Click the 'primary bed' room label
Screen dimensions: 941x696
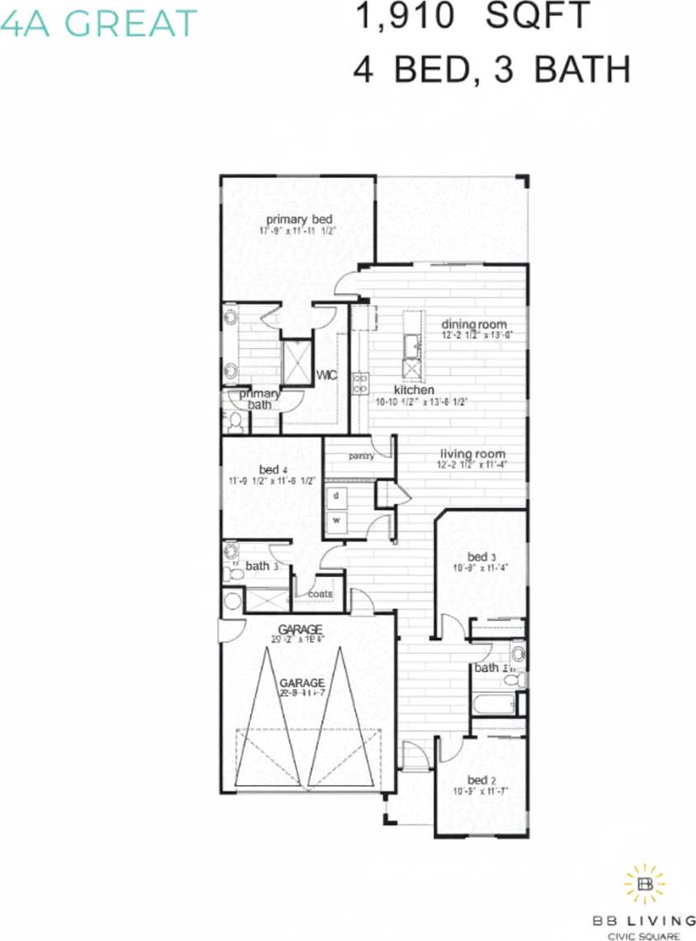(299, 219)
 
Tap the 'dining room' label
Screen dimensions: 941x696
(473, 324)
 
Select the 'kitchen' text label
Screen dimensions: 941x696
(414, 390)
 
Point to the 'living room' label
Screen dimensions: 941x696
(472, 454)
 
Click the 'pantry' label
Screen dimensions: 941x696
(361, 455)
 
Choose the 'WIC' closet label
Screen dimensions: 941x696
(327, 376)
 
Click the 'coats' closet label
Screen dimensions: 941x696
(320, 593)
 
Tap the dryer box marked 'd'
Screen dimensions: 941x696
(337, 497)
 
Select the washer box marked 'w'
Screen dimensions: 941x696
(337, 521)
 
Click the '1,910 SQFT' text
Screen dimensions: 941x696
(472, 17)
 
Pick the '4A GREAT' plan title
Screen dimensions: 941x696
(99, 22)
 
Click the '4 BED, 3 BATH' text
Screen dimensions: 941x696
(491, 69)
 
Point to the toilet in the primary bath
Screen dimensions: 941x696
(235, 423)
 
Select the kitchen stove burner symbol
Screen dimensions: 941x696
(360, 382)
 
